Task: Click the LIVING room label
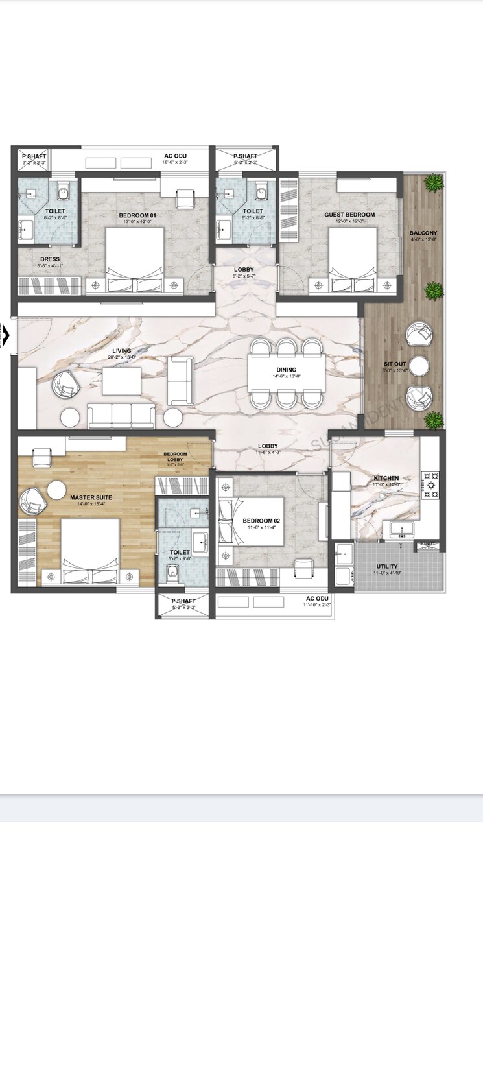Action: tap(122, 351)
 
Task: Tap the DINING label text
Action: tap(286, 370)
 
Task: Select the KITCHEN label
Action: tap(386, 478)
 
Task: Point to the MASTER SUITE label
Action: tap(91, 497)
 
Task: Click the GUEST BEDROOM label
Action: tap(349, 215)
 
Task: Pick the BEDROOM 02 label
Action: tap(261, 521)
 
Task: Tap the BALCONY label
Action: tap(423, 233)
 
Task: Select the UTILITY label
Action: tap(387, 567)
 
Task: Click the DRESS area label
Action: tap(50, 259)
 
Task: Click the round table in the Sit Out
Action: tap(419, 365)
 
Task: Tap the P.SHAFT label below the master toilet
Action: tap(183, 601)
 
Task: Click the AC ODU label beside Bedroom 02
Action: tap(317, 598)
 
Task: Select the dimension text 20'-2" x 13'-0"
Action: tap(122, 357)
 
